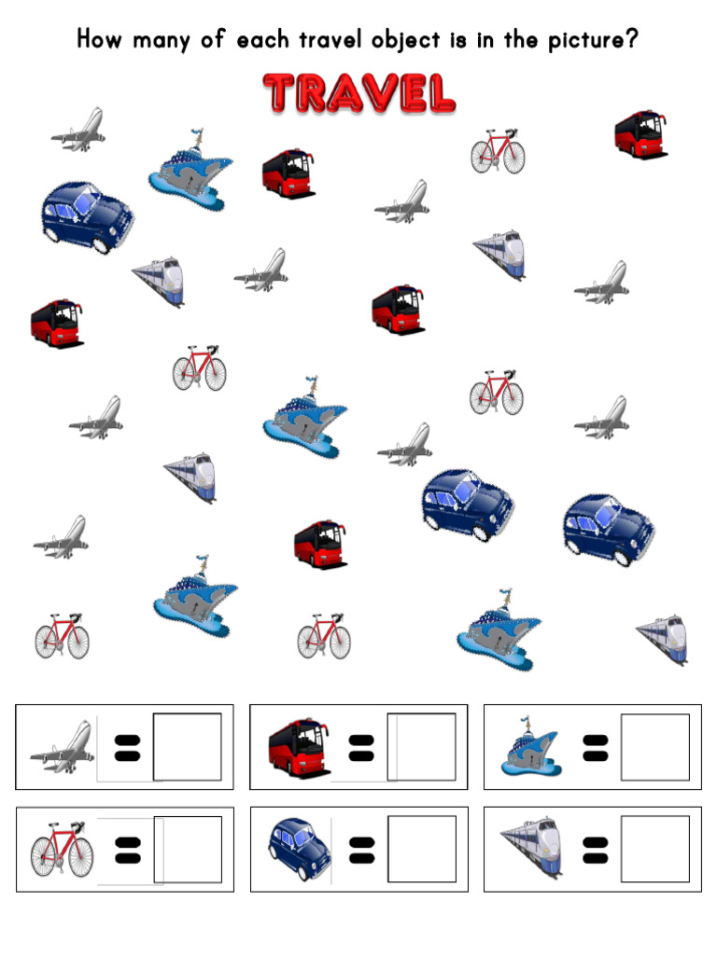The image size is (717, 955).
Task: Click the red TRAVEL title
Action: tap(359, 93)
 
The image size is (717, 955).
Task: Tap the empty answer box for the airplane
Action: tap(188, 747)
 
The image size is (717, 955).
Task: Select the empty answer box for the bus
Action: tap(422, 747)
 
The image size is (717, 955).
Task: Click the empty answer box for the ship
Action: tap(655, 747)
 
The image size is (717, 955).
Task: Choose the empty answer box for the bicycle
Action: tap(188, 850)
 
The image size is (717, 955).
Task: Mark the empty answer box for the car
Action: tap(422, 850)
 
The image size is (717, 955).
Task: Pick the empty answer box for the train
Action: tap(655, 850)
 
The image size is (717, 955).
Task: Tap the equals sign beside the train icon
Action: tap(595, 850)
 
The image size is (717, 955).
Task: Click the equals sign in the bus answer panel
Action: tap(360, 747)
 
